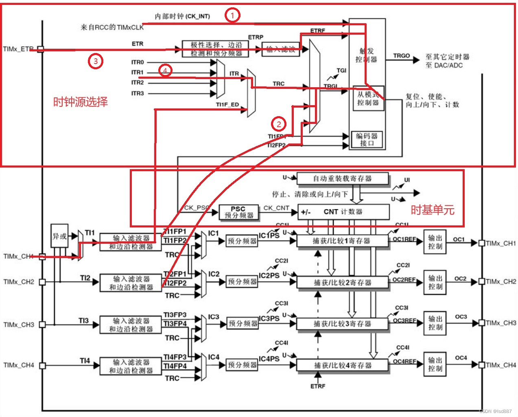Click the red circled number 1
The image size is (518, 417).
pyautogui.click(x=232, y=15)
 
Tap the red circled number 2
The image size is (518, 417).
pyautogui.click(x=279, y=124)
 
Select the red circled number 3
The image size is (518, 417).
pyautogui.click(x=95, y=62)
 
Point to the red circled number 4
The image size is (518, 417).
pyautogui.click(x=165, y=71)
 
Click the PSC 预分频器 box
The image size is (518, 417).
pyautogui.click(x=238, y=212)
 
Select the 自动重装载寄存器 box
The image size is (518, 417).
pyautogui.click(x=342, y=179)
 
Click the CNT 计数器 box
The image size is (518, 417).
pyautogui.click(x=343, y=212)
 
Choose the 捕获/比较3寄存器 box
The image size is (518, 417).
pyautogui.click(x=342, y=324)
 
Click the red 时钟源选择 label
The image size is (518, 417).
pyautogui.click(x=81, y=101)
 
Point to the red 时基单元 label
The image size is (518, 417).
pyautogui.click(x=432, y=210)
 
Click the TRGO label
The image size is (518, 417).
pyautogui.click(x=401, y=56)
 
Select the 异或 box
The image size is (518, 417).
pyautogui.click(x=59, y=236)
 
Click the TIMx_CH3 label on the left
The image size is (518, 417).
pyautogui.click(x=19, y=325)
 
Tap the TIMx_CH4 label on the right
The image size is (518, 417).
pyautogui.click(x=501, y=365)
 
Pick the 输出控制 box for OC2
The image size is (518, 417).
pyautogui.click(x=435, y=282)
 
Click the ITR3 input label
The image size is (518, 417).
pyautogui.click(x=138, y=93)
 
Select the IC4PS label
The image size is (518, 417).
pyautogui.click(x=269, y=359)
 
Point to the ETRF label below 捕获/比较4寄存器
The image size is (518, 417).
pyautogui.click(x=318, y=386)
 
